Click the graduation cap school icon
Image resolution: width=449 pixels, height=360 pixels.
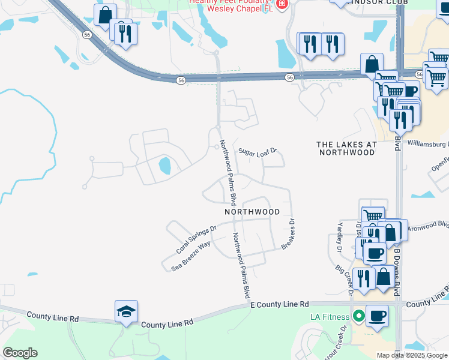(x=127, y=311)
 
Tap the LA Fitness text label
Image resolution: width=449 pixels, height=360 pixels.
(x=329, y=317)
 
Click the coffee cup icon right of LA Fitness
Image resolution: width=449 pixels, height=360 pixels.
(x=377, y=316)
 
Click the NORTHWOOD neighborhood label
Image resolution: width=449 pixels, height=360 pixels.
(x=252, y=212)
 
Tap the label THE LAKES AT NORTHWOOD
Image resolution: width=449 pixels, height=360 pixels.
(x=346, y=148)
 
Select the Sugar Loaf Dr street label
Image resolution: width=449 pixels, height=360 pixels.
(x=257, y=151)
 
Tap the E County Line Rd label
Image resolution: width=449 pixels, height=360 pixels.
(x=279, y=305)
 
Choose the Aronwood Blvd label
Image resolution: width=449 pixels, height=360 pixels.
(x=428, y=227)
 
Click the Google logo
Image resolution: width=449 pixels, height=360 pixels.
(x=20, y=352)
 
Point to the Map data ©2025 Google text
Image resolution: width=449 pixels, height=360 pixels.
(x=412, y=355)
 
